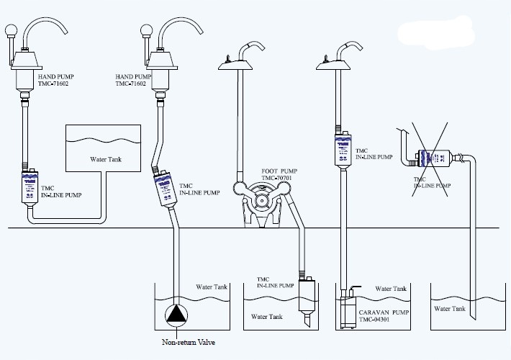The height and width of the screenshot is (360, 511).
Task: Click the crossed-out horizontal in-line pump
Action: [x=435, y=156]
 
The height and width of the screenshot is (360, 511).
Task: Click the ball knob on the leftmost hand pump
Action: [x=11, y=31]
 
